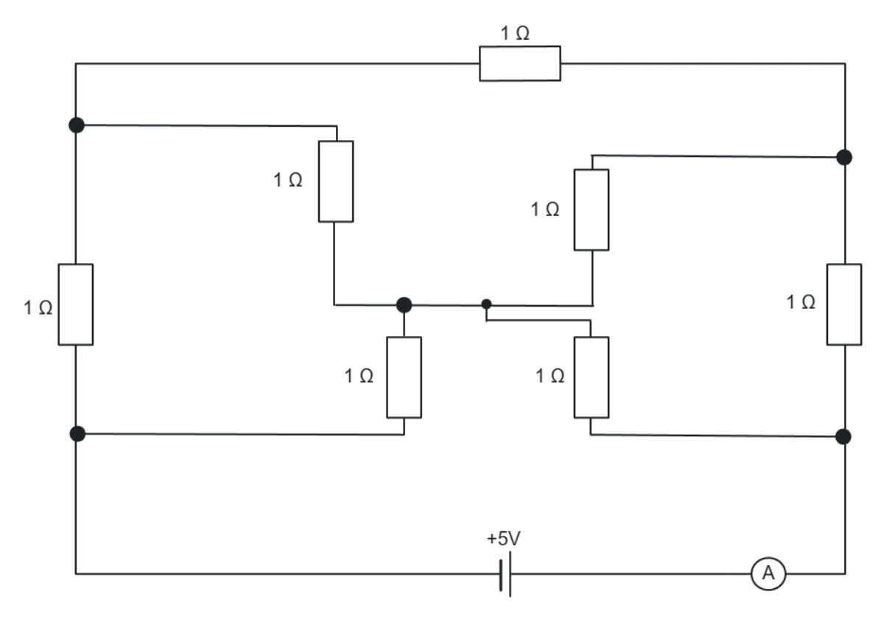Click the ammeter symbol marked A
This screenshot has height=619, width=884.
pyautogui.click(x=768, y=574)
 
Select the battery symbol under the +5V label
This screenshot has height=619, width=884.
pyautogui.click(x=505, y=574)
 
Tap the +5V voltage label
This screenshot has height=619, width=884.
pyautogui.click(x=504, y=539)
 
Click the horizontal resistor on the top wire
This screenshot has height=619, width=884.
pyautogui.click(x=519, y=63)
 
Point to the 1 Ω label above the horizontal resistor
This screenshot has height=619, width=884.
pyautogui.click(x=515, y=34)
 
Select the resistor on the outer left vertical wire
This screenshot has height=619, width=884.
pyautogui.click(x=76, y=304)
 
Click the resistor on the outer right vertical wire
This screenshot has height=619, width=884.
pyautogui.click(x=844, y=304)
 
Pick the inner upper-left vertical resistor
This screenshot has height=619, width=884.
pyautogui.click(x=335, y=181)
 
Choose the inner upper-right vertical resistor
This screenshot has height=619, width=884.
pyautogui.click(x=592, y=210)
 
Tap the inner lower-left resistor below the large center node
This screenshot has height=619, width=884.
pyautogui.click(x=404, y=377)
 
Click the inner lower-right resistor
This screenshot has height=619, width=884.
pyautogui.click(x=592, y=377)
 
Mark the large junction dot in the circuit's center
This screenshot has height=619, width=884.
pyautogui.click(x=404, y=304)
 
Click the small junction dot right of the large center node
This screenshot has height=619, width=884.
pyautogui.click(x=485, y=304)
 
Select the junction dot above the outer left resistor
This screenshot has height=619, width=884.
pyautogui.click(x=76, y=125)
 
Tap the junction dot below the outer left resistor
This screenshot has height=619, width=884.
pyautogui.click(x=76, y=434)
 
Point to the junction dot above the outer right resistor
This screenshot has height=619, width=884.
pyautogui.click(x=844, y=157)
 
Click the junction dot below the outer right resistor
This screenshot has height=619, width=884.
pyautogui.click(x=844, y=436)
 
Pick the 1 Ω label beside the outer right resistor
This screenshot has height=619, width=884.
pyautogui.click(x=801, y=302)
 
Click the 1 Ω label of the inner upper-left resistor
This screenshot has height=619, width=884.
pyautogui.click(x=288, y=181)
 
